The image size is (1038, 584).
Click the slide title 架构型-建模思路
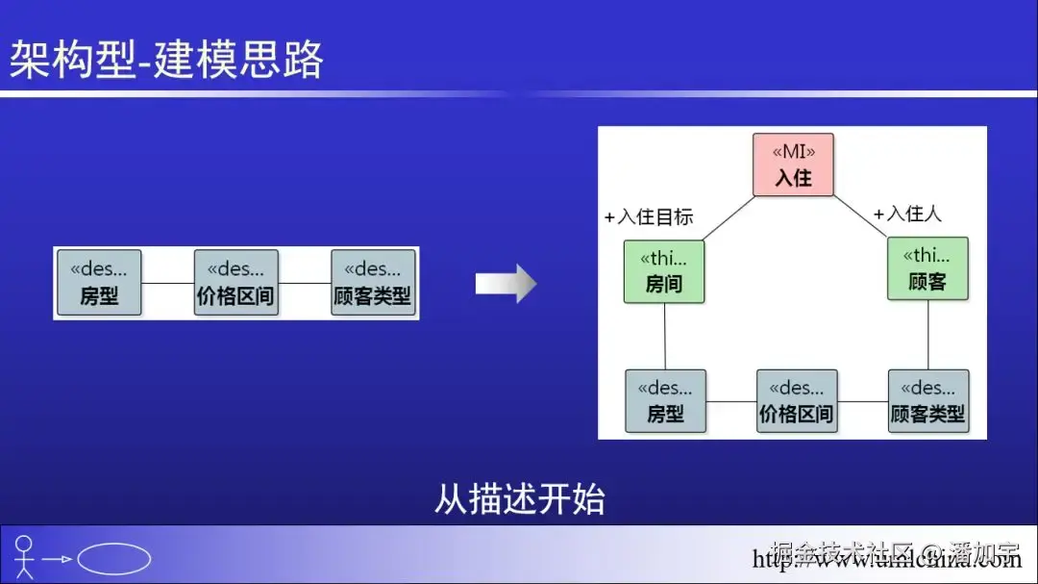click(x=166, y=60)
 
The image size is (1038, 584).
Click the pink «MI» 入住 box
click(x=793, y=165)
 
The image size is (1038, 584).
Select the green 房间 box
click(x=663, y=271)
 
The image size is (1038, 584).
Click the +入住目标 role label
click(x=649, y=216)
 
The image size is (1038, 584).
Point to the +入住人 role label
click(x=907, y=214)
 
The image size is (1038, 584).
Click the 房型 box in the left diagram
click(x=99, y=283)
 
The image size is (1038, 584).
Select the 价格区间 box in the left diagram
click(x=235, y=283)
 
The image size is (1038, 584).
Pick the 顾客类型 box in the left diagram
click(x=373, y=283)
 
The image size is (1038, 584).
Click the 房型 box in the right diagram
click(x=665, y=400)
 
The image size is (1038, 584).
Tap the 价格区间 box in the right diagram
click(x=797, y=400)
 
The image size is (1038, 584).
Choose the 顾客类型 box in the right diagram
click(x=927, y=400)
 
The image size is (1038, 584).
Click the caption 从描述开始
click(x=519, y=500)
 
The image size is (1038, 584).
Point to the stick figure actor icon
click(x=24, y=557)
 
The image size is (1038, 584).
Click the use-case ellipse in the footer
click(x=113, y=559)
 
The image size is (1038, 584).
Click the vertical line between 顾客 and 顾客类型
click(x=927, y=334)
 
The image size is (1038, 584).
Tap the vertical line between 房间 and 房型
click(x=664, y=336)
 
